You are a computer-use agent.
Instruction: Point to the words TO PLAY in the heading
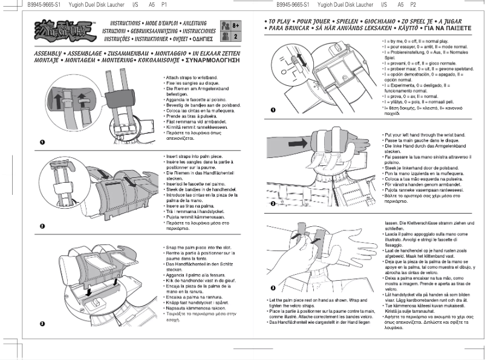[281, 21]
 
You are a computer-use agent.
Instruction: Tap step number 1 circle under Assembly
[42, 142]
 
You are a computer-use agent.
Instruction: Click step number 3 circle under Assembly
[42, 324]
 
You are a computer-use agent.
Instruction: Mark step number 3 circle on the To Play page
[273, 287]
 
